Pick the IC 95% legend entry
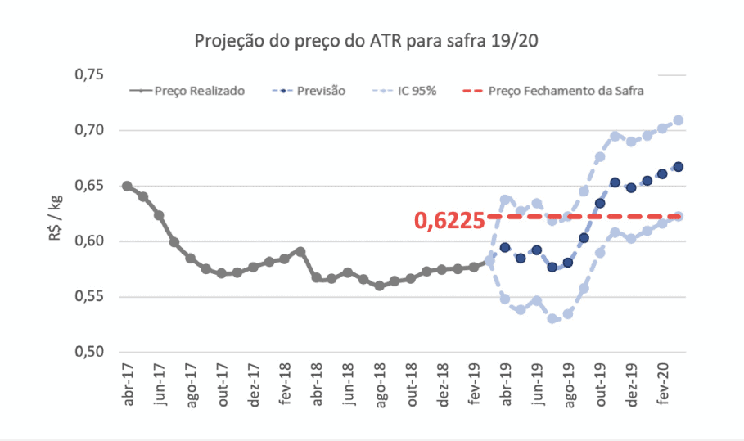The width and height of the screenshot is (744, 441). (417, 91)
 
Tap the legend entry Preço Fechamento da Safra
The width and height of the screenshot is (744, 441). (565, 91)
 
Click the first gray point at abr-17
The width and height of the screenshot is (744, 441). (127, 186)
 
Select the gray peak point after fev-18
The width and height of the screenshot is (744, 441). (300, 252)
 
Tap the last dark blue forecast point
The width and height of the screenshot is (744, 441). (679, 167)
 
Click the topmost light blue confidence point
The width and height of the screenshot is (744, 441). (679, 120)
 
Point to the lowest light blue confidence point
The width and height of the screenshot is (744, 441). (552, 318)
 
